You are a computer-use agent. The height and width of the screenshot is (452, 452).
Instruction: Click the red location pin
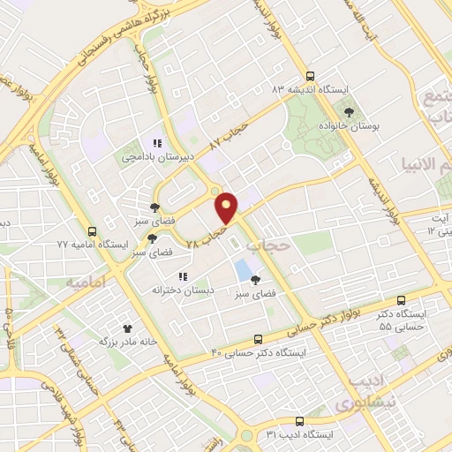pos(228,207)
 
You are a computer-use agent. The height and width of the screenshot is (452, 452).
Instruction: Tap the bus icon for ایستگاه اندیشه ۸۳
pos(309,76)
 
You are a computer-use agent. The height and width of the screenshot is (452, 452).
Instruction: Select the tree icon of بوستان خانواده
pos(350,112)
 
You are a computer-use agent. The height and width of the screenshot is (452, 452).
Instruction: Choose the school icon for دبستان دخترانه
pos(183,274)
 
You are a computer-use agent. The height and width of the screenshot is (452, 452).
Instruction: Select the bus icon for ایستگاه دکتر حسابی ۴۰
pos(258,338)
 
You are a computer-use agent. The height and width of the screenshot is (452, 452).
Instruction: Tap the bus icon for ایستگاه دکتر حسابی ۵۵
pos(403,300)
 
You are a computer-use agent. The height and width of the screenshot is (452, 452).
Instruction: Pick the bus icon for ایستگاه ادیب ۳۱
pos(299,421)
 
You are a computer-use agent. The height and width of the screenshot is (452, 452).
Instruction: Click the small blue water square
pos(241,268)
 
